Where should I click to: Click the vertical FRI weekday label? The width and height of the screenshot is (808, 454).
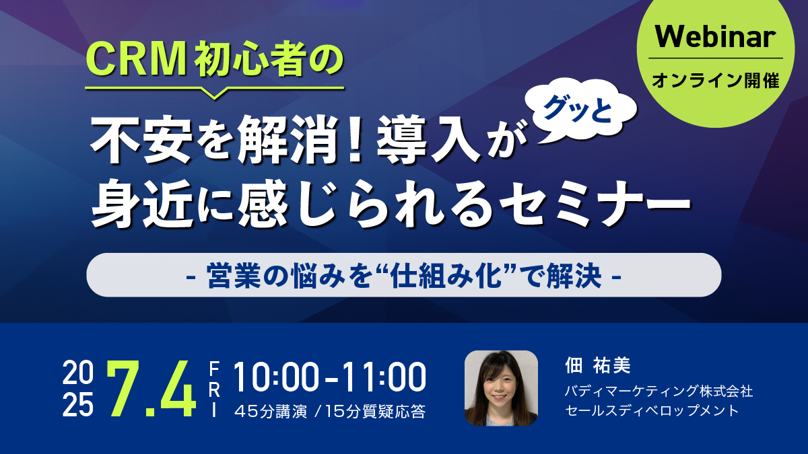[214, 389]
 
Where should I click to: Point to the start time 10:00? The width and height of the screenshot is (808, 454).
[277, 377]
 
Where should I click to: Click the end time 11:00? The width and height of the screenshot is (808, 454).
[385, 377]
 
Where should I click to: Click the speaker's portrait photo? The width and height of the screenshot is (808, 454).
[501, 388]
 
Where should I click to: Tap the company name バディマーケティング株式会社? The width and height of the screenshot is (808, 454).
[659, 391]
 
